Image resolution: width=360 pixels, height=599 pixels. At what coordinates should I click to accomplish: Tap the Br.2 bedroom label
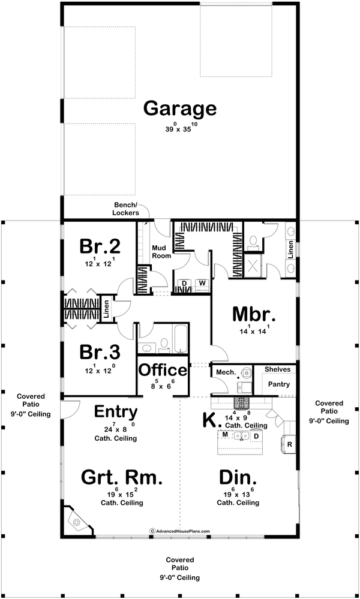100,246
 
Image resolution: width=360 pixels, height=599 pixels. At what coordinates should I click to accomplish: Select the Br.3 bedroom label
100,352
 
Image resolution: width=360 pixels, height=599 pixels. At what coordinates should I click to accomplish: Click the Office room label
163,370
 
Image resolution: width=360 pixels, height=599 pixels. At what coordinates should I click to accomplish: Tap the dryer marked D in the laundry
184,283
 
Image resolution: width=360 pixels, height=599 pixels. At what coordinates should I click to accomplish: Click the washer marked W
203,283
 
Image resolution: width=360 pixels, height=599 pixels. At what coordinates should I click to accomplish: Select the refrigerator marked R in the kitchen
289,444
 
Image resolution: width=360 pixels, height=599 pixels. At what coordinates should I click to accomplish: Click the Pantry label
278,384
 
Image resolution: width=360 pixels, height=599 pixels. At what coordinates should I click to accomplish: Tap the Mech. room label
225,372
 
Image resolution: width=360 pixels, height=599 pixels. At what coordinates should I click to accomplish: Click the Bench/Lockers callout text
126,210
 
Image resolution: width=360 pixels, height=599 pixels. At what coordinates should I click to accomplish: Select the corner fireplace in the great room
79,521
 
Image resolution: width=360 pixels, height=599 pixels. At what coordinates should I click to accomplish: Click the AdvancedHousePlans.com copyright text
179,531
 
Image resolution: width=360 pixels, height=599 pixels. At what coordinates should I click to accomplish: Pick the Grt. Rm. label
122,477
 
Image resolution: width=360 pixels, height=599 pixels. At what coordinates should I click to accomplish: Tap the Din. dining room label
238,477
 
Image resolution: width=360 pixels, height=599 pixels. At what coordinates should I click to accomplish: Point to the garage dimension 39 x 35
181,128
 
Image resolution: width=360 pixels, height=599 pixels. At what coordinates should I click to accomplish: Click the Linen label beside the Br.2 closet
107,309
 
